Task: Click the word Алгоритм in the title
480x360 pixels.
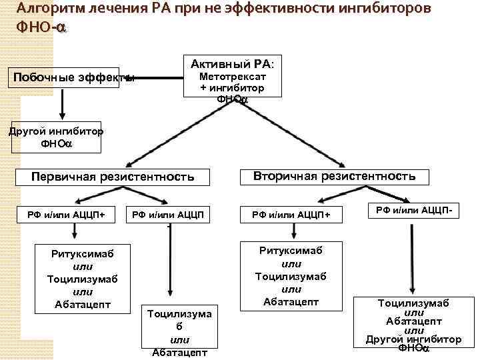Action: [51, 9]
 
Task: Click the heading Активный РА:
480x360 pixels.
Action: [236, 64]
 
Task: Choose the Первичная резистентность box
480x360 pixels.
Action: [113, 177]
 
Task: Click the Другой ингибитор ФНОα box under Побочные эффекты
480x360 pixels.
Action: [56, 137]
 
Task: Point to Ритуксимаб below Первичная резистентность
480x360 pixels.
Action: [83, 254]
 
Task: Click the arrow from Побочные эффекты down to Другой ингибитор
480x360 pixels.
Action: [62, 105]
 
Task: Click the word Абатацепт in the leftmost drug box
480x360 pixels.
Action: [83, 305]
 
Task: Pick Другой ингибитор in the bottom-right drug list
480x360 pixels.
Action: [413, 339]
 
